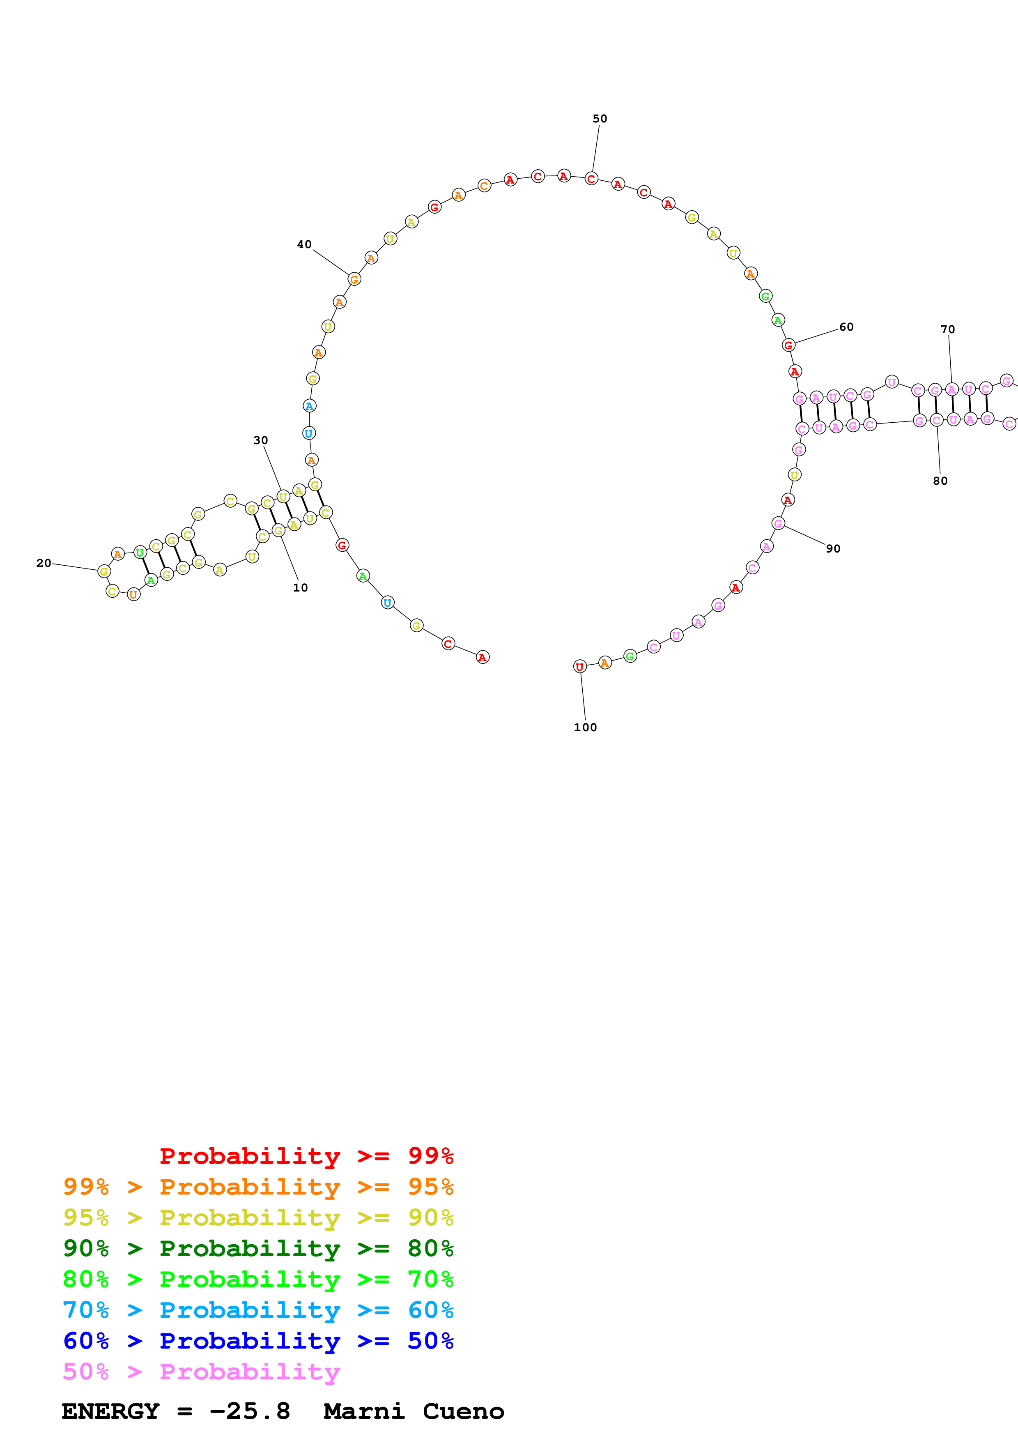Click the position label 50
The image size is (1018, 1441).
[x=600, y=119]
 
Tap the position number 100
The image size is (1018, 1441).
[x=585, y=727]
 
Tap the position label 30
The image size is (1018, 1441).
[x=260, y=441]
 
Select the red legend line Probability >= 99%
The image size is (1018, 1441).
[x=306, y=1156]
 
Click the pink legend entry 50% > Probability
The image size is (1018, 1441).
[x=201, y=1372]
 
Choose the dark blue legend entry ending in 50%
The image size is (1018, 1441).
[x=258, y=1341]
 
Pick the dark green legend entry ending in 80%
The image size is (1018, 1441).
[x=258, y=1248]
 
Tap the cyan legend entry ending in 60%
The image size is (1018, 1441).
[x=258, y=1310]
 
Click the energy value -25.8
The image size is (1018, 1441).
[x=250, y=1411]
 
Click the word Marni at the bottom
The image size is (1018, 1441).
[x=364, y=1411]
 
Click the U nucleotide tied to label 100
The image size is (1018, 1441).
[x=579, y=667]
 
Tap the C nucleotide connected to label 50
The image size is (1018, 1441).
[x=591, y=179]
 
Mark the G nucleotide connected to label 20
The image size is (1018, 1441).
[x=104, y=571]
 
